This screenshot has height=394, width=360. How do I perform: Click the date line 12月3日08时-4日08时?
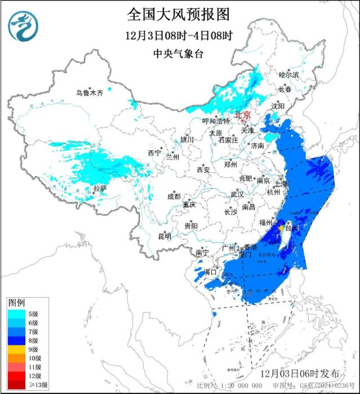[x=179, y=35]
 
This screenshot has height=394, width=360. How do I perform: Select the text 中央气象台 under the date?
[x=179, y=53]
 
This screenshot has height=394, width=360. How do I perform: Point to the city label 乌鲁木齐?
[x=90, y=93]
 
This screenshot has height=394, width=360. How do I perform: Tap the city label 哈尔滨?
[x=289, y=74]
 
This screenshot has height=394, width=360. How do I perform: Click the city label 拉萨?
[x=99, y=189]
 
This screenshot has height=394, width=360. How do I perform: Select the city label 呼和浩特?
[x=216, y=122]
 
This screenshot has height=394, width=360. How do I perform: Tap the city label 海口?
[x=210, y=272]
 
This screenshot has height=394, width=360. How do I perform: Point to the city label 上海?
[x=280, y=184]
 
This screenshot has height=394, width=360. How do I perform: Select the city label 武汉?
[x=237, y=194]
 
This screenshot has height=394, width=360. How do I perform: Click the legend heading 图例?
[x=16, y=303]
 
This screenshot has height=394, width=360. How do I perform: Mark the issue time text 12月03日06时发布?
[x=300, y=374]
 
